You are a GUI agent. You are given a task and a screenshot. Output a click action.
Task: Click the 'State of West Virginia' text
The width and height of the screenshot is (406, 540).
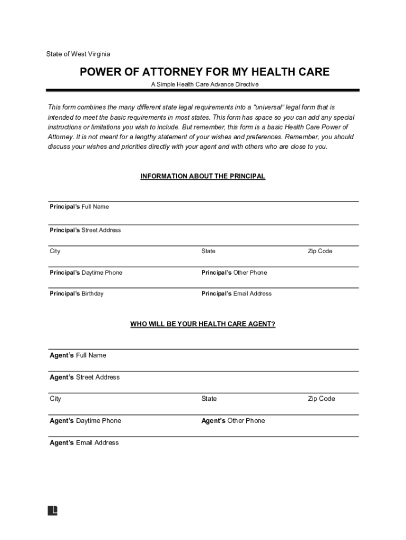point(78,54)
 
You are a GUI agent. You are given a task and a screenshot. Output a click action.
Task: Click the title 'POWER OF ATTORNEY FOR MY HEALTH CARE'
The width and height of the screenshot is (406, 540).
point(205,72)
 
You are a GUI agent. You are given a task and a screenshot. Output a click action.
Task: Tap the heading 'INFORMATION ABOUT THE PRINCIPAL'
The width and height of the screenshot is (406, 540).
point(202,176)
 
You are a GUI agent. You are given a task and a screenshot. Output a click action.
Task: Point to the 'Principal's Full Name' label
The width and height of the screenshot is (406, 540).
point(79,207)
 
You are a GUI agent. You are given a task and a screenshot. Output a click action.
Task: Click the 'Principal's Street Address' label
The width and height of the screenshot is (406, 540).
point(85,230)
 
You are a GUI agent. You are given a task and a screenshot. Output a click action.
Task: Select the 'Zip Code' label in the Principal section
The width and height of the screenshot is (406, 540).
point(320,251)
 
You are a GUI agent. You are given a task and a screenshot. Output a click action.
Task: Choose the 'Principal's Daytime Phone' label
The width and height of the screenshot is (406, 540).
point(86,273)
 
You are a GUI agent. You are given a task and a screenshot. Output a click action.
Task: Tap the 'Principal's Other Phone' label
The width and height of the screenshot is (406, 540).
point(234,273)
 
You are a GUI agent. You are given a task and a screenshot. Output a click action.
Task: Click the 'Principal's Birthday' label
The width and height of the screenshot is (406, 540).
point(76,293)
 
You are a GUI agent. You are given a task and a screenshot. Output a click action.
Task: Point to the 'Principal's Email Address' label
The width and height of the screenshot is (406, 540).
point(236,293)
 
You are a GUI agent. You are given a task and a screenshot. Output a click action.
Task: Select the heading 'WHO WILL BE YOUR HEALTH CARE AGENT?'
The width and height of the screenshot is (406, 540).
point(202,324)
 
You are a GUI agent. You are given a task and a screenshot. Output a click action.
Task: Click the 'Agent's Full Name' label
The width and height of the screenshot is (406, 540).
point(78,355)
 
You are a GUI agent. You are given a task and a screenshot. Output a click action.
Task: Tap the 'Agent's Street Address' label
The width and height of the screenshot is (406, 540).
point(84,377)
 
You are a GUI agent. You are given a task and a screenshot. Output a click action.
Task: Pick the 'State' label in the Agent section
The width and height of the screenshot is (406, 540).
point(209,399)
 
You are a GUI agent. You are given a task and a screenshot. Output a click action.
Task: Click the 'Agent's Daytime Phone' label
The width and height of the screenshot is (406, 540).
point(85,421)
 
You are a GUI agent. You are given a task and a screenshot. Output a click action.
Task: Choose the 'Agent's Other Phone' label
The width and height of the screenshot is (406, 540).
point(233,421)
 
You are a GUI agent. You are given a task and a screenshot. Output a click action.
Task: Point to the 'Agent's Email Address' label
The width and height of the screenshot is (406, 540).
point(84,443)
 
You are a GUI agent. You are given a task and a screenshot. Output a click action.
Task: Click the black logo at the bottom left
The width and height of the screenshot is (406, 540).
point(52,510)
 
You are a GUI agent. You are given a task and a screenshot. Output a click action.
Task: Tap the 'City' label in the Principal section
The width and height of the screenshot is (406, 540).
point(55,251)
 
